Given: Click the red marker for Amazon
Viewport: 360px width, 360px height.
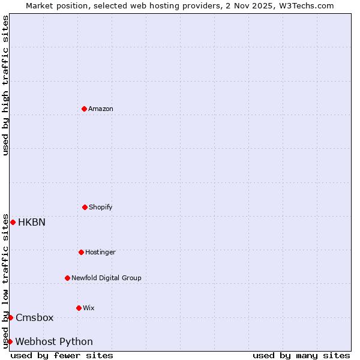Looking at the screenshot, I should [x=84, y=109].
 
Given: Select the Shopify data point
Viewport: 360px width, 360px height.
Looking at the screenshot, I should [x=85, y=207].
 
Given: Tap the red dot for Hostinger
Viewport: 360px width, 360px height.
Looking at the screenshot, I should [x=81, y=252].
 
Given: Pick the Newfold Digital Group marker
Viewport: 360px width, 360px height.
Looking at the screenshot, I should [x=67, y=278].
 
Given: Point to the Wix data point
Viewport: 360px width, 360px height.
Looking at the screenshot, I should [x=79, y=308].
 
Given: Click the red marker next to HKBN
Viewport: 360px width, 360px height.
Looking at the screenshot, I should [x=13, y=222].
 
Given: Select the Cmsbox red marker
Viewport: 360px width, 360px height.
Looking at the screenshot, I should [x=10, y=317].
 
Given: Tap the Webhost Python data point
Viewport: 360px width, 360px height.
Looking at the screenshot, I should [x=10, y=341].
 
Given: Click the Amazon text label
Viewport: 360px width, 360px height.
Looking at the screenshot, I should [x=101, y=109].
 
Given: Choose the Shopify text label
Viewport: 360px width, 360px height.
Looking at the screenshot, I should [x=101, y=207].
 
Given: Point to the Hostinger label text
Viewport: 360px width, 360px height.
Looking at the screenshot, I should [x=100, y=252].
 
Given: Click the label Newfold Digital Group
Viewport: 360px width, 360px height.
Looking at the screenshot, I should [x=106, y=278].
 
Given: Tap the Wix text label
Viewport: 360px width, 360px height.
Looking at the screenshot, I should [x=89, y=308].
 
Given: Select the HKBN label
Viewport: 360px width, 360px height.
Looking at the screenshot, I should [x=32, y=222].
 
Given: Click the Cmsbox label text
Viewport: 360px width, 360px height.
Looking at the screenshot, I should [x=35, y=317].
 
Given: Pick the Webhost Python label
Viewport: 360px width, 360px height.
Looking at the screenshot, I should [x=54, y=341].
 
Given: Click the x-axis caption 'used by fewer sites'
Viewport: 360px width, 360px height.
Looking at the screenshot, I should [x=62, y=355].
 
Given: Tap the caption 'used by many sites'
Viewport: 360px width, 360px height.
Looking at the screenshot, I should [x=301, y=355].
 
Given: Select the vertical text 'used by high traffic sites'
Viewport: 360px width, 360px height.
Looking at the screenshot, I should [x=5, y=85].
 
